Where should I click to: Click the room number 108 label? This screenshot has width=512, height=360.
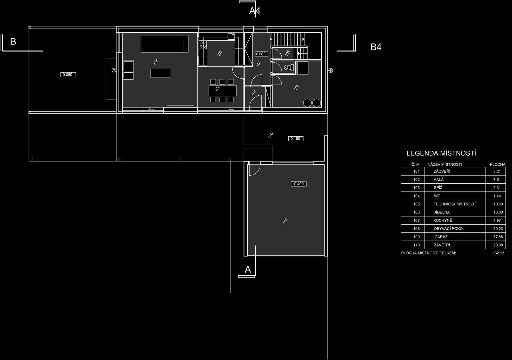156,62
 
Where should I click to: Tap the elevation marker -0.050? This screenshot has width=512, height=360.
68,75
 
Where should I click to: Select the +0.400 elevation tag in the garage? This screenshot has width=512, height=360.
299,184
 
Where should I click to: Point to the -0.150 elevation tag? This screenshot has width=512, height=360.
296,139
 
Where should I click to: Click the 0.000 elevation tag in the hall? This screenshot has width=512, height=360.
261,54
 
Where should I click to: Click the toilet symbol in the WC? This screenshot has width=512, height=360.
289,68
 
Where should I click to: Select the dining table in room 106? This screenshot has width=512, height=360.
222,91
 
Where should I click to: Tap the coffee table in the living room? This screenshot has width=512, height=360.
160,73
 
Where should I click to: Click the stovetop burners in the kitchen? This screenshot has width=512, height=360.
203,44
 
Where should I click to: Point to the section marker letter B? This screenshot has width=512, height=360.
13,42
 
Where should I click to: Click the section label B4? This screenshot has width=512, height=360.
376,47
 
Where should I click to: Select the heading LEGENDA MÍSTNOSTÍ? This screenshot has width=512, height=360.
441,153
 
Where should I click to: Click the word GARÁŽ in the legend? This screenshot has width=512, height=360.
441,237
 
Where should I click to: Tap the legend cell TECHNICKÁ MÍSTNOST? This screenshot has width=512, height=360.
455,204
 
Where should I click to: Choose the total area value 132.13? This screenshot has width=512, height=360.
498,253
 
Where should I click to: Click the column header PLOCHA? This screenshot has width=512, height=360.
498,164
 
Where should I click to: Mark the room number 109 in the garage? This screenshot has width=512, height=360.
285,221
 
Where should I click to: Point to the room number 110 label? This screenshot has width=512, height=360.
271,135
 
